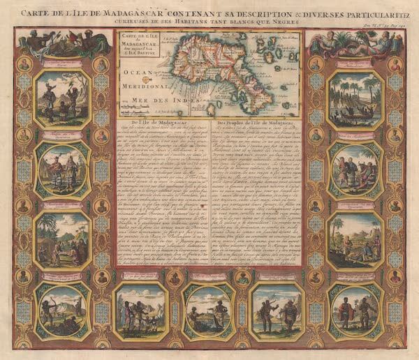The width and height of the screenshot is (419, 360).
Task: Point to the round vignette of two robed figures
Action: click(63, 167)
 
